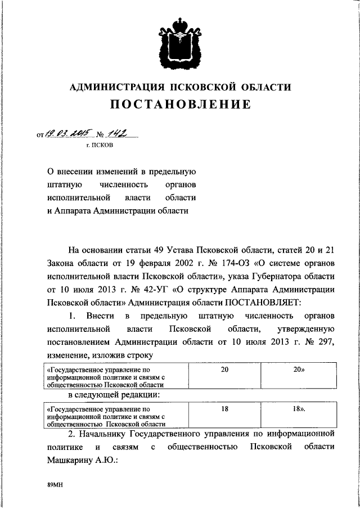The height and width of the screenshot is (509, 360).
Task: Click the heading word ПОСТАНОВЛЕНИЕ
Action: coord(180,105)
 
